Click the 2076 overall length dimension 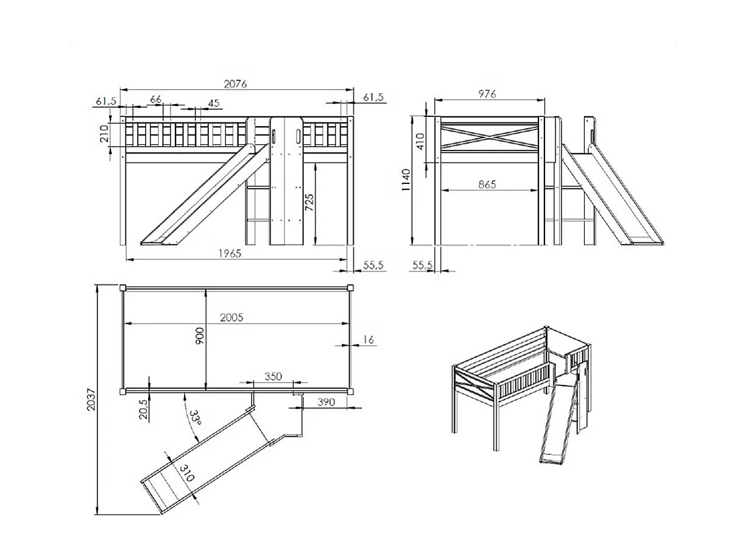[x=235, y=84]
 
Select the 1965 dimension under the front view [x=230, y=253]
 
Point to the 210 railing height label [x=104, y=134]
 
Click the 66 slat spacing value [x=156, y=99]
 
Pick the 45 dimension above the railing [x=214, y=103]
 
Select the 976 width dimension [x=487, y=94]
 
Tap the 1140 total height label [x=407, y=180]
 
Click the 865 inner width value [x=487, y=184]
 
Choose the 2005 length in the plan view [x=231, y=317]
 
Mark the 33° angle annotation [x=194, y=418]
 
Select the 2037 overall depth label [x=91, y=400]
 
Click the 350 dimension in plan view [x=273, y=376]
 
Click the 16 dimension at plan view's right [x=368, y=340]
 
